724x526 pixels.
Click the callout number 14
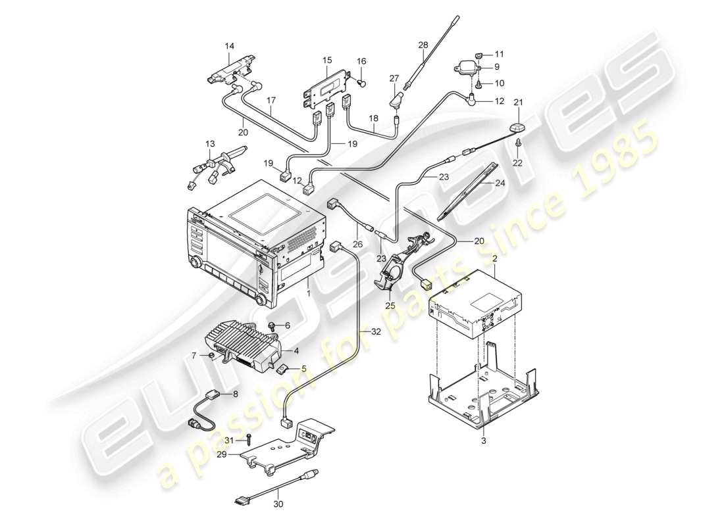coord(229,46)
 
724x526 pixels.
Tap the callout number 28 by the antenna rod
coord(423,45)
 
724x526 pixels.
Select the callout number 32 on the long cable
coord(376,333)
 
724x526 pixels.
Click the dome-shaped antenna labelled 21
coord(517,128)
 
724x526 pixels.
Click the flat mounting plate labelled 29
coord(276,450)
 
